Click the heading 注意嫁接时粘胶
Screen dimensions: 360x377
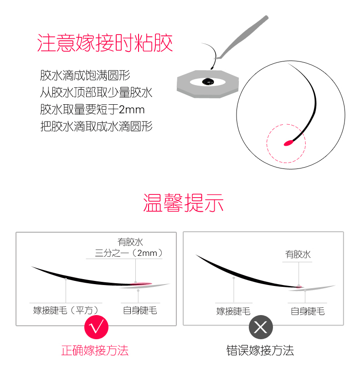coord(105,43)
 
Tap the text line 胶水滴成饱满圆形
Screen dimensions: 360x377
coord(85,75)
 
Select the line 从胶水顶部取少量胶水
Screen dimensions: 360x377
coord(96,92)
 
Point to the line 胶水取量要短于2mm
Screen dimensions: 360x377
coord(92,109)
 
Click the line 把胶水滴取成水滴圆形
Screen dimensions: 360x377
coord(96,126)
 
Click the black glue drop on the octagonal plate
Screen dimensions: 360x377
coord(208,82)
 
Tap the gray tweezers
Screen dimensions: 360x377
coord(242,37)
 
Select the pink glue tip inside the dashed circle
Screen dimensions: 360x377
coord(289,143)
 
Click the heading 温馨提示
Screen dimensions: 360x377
coord(183,203)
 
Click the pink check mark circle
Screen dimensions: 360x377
coord(96,327)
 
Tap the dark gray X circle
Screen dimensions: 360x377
coord(261,327)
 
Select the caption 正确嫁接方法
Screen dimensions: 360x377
coord(95,350)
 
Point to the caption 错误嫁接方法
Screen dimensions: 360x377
coord(260,350)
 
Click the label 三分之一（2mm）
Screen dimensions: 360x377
coord(129,253)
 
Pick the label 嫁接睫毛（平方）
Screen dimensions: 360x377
coord(66,311)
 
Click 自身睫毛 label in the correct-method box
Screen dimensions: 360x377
coord(140,311)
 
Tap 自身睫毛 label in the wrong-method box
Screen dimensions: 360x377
coord(308,311)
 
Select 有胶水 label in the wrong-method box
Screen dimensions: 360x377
coord(298,255)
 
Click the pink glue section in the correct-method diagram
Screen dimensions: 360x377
coord(141,284)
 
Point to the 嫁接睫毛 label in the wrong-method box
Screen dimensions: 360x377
coord(233,311)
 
